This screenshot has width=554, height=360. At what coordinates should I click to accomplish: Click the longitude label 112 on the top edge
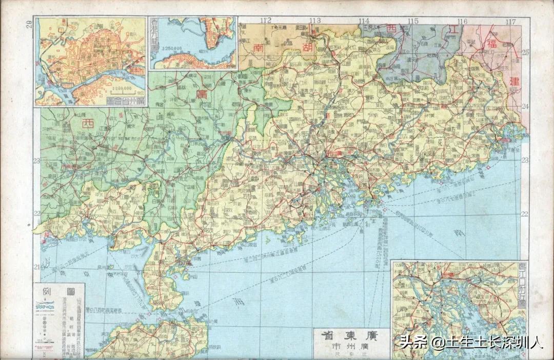tap(265, 21)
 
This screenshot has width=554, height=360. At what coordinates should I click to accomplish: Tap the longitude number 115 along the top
tap(413, 21)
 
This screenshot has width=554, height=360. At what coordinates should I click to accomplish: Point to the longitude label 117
tap(510, 22)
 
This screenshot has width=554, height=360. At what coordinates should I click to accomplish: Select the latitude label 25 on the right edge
tap(526, 52)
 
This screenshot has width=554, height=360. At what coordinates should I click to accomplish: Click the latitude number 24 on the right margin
tap(526, 106)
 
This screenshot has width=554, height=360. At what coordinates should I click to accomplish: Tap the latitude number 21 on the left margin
tap(36, 267)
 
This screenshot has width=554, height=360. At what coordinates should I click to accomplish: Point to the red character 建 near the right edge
tap(515, 82)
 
